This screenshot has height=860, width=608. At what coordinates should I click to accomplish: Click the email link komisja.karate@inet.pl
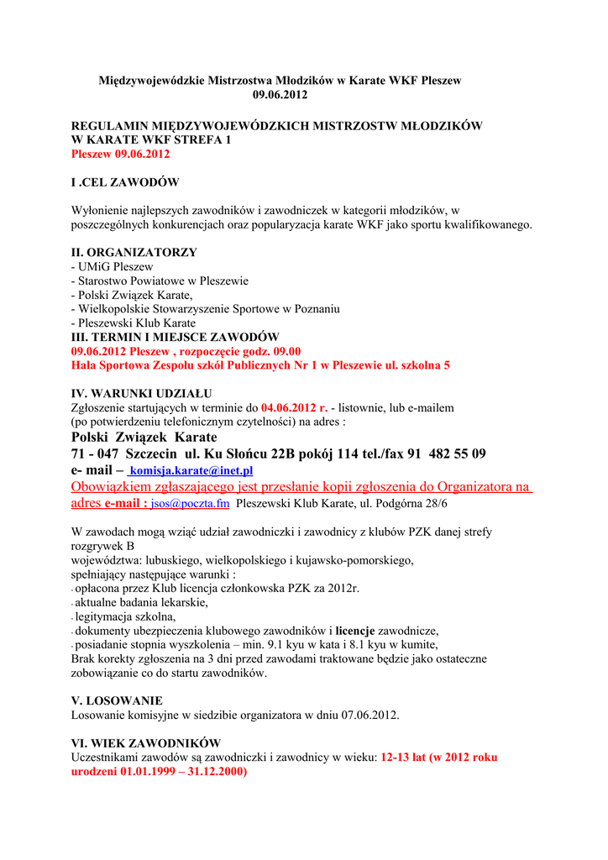click(192, 471)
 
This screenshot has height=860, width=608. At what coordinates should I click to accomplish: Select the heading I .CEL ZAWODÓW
click(124, 182)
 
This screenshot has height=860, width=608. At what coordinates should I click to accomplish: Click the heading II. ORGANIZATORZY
click(134, 252)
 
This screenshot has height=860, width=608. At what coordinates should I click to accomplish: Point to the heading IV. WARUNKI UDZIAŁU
click(141, 393)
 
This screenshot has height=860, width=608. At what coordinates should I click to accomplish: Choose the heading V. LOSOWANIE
click(117, 700)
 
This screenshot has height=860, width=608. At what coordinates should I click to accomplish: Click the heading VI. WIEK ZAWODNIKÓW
click(145, 743)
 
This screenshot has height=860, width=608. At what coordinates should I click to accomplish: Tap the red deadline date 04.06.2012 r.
click(294, 407)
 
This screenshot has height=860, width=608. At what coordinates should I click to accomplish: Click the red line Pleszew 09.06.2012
click(120, 155)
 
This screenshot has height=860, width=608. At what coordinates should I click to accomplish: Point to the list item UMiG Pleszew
click(115, 266)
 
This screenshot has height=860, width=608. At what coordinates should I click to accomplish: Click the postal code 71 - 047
click(95, 454)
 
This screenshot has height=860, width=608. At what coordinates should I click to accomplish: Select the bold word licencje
click(355, 631)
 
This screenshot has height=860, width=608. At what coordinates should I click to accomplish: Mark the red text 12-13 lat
click(403, 757)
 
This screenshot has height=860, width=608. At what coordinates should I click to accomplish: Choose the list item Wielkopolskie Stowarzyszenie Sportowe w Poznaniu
click(207, 309)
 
